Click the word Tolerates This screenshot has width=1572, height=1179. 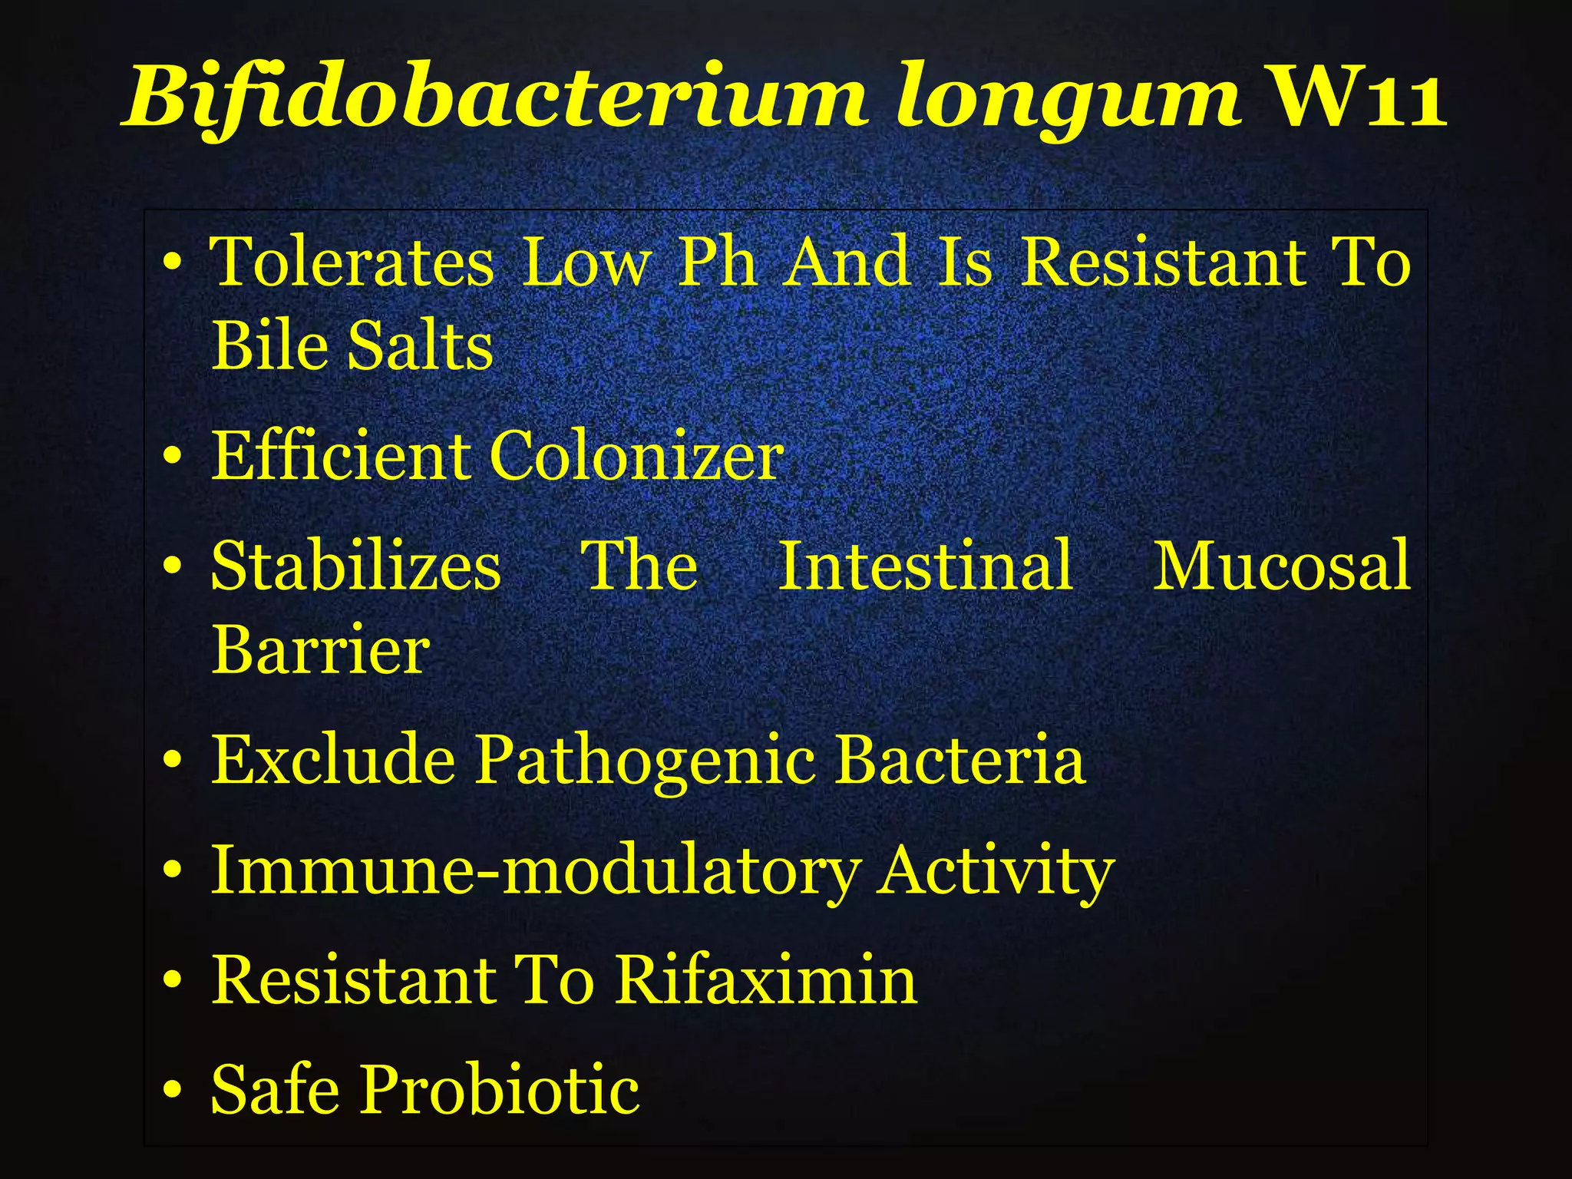tap(352, 263)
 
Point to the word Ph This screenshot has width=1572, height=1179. tap(717, 263)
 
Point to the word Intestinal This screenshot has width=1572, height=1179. tap(926, 566)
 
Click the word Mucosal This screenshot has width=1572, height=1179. tap(1282, 566)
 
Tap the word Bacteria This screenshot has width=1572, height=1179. tap(960, 759)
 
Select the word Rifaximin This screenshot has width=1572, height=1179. tap(767, 980)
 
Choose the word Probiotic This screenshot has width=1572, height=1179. tap(500, 1090)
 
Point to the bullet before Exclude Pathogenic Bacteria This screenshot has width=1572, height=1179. tap(173, 761)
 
